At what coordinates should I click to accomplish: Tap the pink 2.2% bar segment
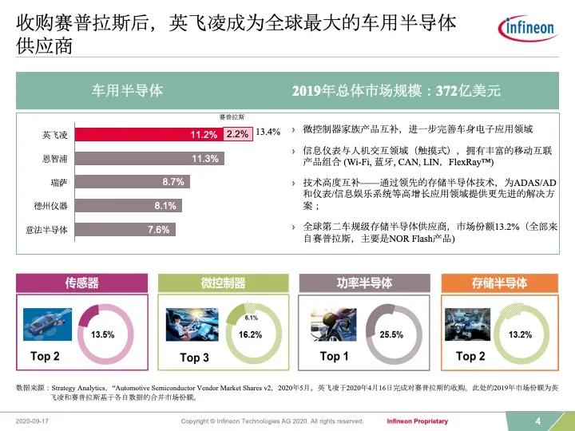point(237,135)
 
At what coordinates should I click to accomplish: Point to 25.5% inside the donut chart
point(391,334)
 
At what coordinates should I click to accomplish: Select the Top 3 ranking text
point(194,358)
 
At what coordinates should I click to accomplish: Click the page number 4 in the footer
point(537,421)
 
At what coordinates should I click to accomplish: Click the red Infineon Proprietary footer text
point(417,421)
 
